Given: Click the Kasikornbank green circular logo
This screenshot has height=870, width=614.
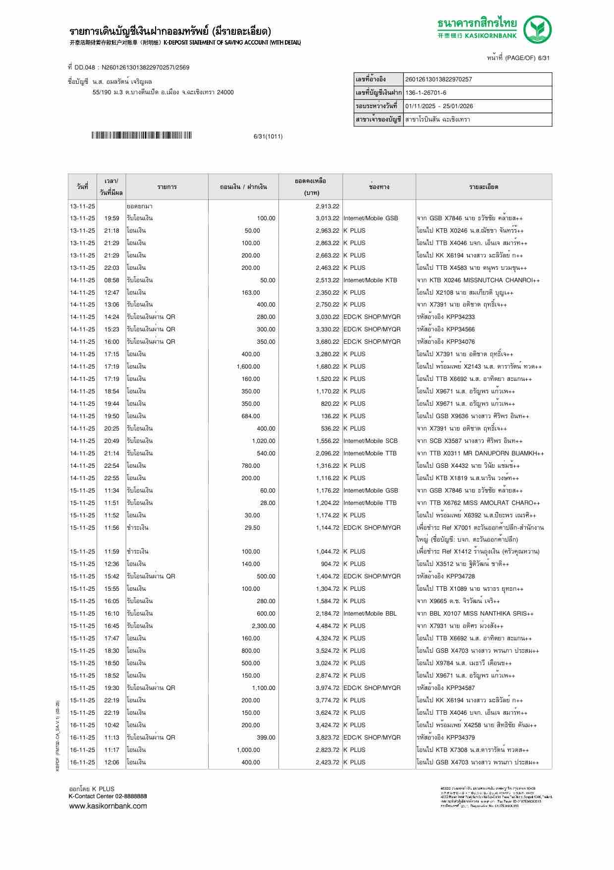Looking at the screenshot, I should pos(538,29).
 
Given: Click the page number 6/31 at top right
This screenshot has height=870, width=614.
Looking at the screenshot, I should pos(544,58).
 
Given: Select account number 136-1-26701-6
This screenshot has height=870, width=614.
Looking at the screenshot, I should pos(426,93).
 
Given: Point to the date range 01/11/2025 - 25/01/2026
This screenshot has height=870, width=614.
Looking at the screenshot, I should pos(439,106).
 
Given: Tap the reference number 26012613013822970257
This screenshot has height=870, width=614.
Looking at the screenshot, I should pos(439,79).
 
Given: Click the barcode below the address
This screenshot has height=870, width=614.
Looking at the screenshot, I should pos(141,135).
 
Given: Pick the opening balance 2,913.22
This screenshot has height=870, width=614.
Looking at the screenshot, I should pos(327,206).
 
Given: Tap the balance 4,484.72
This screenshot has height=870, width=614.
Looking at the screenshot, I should pos(327,626).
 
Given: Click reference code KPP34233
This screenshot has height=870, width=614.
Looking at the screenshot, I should pos(460,317).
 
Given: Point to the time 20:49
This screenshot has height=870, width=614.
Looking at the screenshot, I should pos(112,441).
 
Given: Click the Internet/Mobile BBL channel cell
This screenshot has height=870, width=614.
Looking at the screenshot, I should pos(370,614).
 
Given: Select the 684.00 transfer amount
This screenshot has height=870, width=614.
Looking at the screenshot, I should pos(251,416).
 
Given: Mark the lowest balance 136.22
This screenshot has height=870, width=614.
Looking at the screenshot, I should pos(330,416).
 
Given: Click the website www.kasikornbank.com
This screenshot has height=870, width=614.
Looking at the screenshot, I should pos(108,806).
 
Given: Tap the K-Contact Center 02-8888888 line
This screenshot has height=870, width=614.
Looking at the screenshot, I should pos(108,796).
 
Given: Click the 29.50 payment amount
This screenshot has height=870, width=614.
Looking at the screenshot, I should pos(252,528).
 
